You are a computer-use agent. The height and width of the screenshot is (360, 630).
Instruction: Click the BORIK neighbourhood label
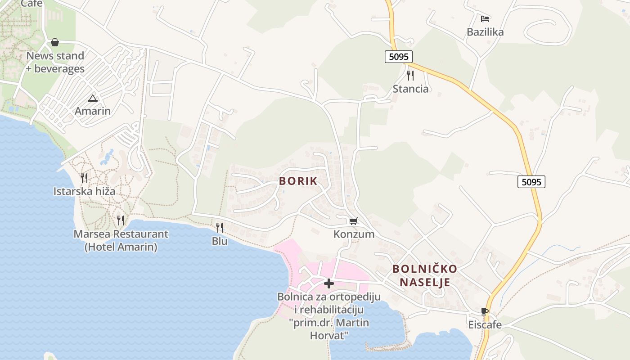(298, 181)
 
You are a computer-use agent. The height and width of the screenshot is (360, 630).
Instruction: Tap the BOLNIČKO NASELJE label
(425, 275)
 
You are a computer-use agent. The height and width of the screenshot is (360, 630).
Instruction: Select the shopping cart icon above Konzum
(354, 221)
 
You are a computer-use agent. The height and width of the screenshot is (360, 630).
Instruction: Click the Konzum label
(354, 234)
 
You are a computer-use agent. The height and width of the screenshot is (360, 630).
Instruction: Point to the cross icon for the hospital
(329, 283)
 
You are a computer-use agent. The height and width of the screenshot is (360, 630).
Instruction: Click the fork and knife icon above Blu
(220, 228)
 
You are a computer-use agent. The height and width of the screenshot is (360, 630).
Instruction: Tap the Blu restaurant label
(220, 241)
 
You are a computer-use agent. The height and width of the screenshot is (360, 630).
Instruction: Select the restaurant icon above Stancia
(410, 75)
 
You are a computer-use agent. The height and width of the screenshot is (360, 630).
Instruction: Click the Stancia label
(410, 89)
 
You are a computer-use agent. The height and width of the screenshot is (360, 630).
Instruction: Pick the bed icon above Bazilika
(485, 19)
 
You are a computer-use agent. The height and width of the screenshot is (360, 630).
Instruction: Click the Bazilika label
(485, 32)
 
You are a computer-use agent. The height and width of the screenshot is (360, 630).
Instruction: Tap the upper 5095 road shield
(399, 57)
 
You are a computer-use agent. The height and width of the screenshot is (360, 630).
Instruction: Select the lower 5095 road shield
(531, 182)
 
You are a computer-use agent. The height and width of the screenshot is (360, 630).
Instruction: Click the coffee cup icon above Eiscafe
(485, 311)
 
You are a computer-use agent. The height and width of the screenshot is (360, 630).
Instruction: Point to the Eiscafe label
(485, 325)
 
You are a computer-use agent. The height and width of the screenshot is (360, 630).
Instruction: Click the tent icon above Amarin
(93, 98)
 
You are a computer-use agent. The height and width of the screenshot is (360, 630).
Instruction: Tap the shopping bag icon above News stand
(55, 42)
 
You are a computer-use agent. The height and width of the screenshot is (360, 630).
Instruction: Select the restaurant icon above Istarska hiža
(84, 178)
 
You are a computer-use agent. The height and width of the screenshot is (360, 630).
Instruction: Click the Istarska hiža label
(84, 191)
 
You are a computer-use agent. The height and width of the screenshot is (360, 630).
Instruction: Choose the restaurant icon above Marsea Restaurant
(121, 220)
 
